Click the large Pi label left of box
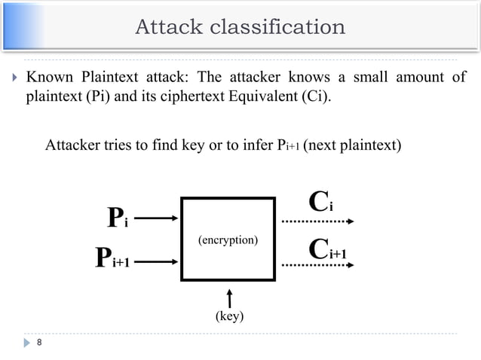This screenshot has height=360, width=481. [x=117, y=218]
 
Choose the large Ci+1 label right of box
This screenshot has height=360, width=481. [x=328, y=249]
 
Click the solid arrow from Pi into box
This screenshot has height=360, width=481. [x=156, y=218]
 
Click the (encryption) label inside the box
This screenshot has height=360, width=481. [x=228, y=240]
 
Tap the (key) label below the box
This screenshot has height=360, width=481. [x=229, y=316]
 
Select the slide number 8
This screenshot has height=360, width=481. [x=38, y=344]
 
